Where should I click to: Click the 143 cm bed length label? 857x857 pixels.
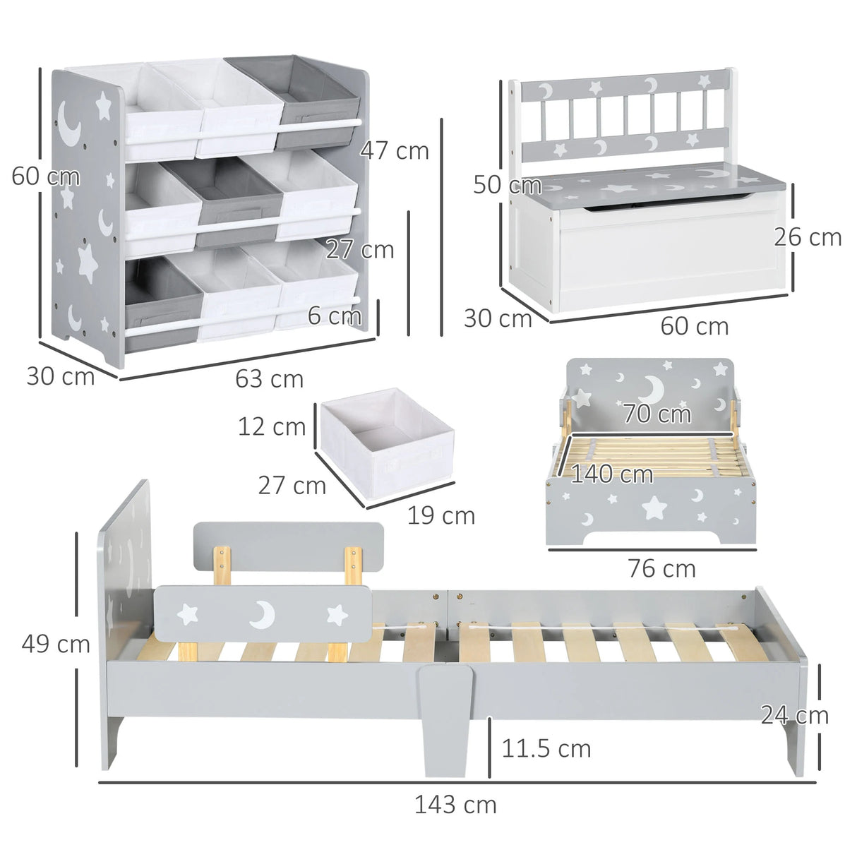coord(455,804)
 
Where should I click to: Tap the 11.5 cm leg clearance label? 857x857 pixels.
coord(546,748)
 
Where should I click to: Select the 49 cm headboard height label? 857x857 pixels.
coord(55,643)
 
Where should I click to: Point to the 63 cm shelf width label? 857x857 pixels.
coord(269,379)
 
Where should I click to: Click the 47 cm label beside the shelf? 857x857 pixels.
coord(394,150)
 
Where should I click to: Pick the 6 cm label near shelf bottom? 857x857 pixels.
coord(334,316)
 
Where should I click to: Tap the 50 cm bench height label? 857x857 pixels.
coord(507,185)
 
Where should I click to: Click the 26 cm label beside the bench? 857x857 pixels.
coord(808,237)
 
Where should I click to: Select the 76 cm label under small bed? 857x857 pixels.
coord(661,568)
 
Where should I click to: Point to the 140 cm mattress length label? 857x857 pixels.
coord(611,474)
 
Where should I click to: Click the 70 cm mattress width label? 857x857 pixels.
coord(656,414)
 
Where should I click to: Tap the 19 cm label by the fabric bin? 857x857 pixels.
coord(441,516)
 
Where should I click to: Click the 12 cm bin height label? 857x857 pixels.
coord(271,426)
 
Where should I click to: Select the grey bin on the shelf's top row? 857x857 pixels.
coord(319,104)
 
